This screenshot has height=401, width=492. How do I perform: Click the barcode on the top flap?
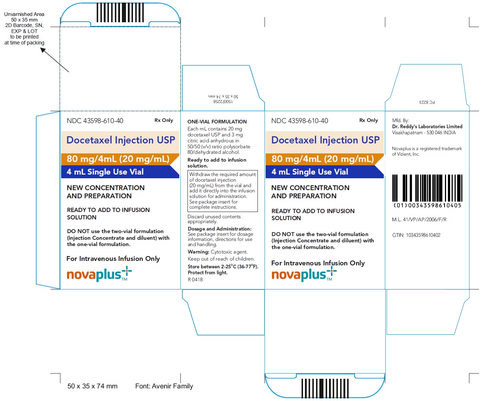(x=120, y=13)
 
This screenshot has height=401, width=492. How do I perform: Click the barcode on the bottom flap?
(x=325, y=388)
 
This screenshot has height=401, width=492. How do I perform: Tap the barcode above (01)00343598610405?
(x=427, y=188)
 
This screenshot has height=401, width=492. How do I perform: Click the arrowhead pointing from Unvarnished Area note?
(x=43, y=50)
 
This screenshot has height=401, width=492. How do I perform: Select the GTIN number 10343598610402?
(x=423, y=235)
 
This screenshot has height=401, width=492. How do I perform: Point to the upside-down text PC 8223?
(x=427, y=102)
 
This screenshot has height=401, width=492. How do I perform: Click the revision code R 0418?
(x=195, y=279)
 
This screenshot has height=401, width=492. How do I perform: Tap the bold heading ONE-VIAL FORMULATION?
(x=217, y=122)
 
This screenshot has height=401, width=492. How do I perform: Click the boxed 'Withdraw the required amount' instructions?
(x=222, y=191)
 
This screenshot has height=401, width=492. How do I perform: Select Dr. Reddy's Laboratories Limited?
(x=427, y=127)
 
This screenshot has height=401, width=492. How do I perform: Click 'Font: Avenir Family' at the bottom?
(x=164, y=386)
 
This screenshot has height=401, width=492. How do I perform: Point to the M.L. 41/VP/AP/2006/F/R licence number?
(x=419, y=220)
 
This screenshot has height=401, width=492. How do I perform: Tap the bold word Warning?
(x=199, y=252)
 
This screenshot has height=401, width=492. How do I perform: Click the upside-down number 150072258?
(x=223, y=102)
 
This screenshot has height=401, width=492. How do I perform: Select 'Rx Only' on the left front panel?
(x=163, y=120)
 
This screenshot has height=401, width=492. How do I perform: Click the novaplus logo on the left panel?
(x=99, y=274)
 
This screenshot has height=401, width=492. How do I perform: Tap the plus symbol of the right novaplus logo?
(x=332, y=271)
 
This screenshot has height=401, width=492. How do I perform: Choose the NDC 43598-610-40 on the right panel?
(x=300, y=121)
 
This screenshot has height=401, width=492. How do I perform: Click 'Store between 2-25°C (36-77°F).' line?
(x=223, y=266)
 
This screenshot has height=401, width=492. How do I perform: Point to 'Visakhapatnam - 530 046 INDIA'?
(x=424, y=133)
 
